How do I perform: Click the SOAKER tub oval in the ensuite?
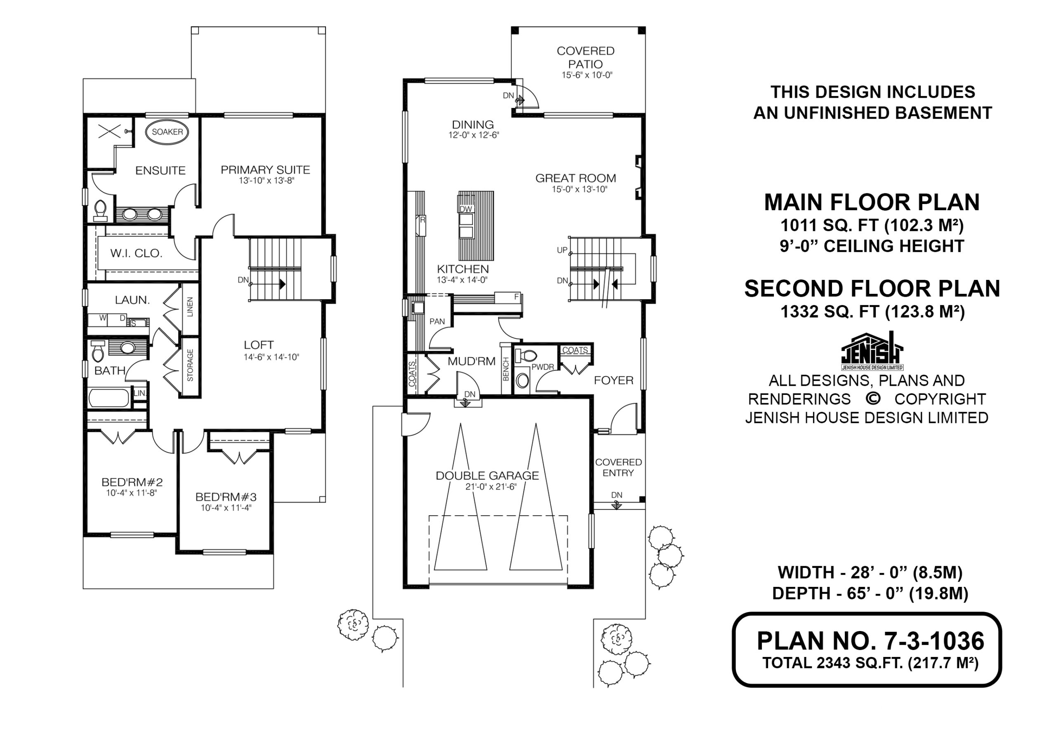pyautogui.click(x=167, y=132)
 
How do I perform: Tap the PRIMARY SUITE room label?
pyautogui.click(x=265, y=170)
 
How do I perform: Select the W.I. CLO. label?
pyautogui.click(x=136, y=253)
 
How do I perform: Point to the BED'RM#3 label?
pyautogui.click(x=226, y=497)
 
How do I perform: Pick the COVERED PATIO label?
pyautogui.click(x=585, y=57)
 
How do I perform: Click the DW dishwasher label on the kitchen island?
pyautogui.click(x=466, y=209)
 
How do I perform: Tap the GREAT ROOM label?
pyautogui.click(x=575, y=178)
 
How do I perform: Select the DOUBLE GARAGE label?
pyautogui.click(x=487, y=476)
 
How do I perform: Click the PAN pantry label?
pyautogui.click(x=437, y=322)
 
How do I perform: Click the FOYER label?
pyautogui.click(x=613, y=380)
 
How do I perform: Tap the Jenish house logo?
pyautogui.click(x=872, y=351)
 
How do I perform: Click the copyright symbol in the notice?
pyautogui.click(x=872, y=399)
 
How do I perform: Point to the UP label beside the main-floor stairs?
pyautogui.click(x=562, y=250)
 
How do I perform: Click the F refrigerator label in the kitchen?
pyautogui.click(x=516, y=297)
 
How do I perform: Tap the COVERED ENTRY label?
pyautogui.click(x=618, y=467)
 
